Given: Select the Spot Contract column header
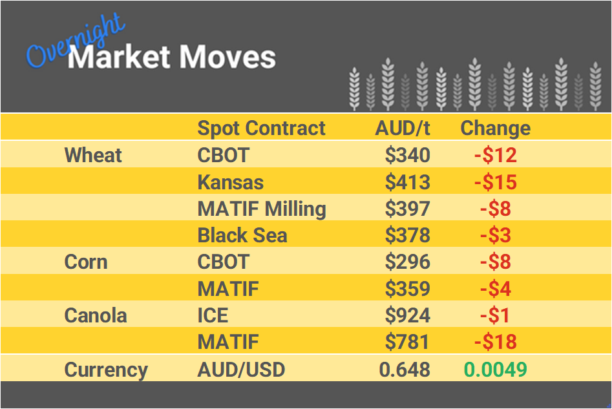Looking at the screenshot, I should (261, 128).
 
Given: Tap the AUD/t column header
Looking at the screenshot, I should (403, 128).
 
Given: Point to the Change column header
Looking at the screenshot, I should (495, 128).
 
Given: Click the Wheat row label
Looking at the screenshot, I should (93, 155).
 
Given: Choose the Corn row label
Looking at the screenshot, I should (86, 262).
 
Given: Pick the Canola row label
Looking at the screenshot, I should (96, 316).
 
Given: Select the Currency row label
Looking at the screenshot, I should (106, 370).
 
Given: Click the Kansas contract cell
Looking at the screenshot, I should (230, 182).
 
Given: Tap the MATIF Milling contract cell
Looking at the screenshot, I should (262, 209).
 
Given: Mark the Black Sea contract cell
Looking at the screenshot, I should (242, 236).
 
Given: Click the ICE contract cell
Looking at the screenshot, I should (213, 316).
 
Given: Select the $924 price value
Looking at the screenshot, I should (407, 316).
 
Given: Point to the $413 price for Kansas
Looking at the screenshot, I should (407, 182).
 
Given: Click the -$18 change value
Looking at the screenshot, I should (495, 342).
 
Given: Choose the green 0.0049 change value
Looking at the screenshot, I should (495, 370).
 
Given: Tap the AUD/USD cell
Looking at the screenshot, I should (241, 370).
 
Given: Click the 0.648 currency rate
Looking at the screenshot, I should (405, 370).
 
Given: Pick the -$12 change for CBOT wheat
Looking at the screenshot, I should (495, 155).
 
